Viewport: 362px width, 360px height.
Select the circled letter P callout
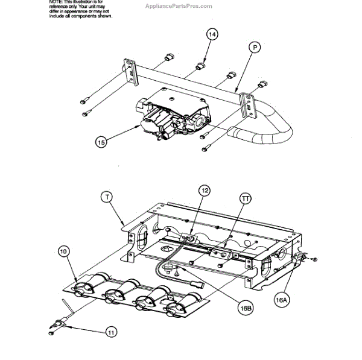[254, 46]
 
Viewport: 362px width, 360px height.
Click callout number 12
[206, 191]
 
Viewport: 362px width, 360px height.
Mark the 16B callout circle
[245, 306]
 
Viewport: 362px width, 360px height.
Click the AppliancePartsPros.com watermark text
[179, 6]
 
